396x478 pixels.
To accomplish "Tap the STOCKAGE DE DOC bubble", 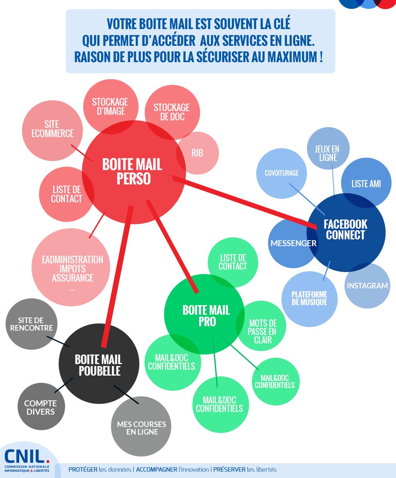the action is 172,112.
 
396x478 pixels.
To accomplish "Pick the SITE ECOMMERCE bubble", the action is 53,129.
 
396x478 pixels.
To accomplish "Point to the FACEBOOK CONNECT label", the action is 346,229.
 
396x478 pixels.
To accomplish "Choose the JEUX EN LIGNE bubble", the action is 328,153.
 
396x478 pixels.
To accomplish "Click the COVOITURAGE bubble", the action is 281,173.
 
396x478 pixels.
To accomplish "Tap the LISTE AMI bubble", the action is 366,184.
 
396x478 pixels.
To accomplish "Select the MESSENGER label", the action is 293,243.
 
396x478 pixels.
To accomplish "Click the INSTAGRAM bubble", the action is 367,286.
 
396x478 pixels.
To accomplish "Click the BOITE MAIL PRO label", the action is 206,315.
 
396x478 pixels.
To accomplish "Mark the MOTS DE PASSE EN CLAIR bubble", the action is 262,331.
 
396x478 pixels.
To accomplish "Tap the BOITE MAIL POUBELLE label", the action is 99,365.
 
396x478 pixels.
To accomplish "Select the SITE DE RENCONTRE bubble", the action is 32,324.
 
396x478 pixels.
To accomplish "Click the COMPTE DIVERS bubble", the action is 41,407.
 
